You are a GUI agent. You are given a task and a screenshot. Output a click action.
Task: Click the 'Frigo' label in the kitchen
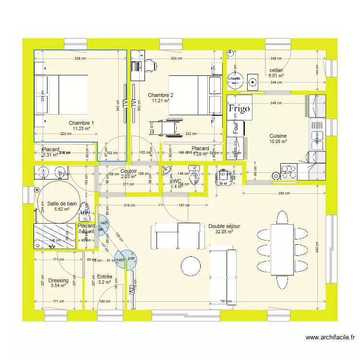pos(239,108)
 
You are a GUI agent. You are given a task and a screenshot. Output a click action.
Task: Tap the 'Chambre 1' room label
pos(81,123)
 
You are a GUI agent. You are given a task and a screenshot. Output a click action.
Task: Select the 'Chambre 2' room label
pos(160,95)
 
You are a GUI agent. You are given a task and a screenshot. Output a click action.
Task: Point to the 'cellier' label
pos(276,71)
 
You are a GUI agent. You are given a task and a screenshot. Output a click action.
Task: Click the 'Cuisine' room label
pos(278,136)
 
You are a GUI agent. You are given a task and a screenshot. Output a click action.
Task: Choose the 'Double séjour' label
pos(224,226)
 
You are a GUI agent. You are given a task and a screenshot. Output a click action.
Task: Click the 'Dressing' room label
pos(58,281)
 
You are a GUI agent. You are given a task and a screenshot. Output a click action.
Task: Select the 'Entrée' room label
pos(104,277)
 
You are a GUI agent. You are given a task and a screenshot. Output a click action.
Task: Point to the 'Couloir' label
pos(129,171)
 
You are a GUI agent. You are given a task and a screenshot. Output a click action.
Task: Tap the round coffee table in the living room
pos(191,265)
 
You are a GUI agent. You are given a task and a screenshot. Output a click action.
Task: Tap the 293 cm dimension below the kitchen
pos(284,193)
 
